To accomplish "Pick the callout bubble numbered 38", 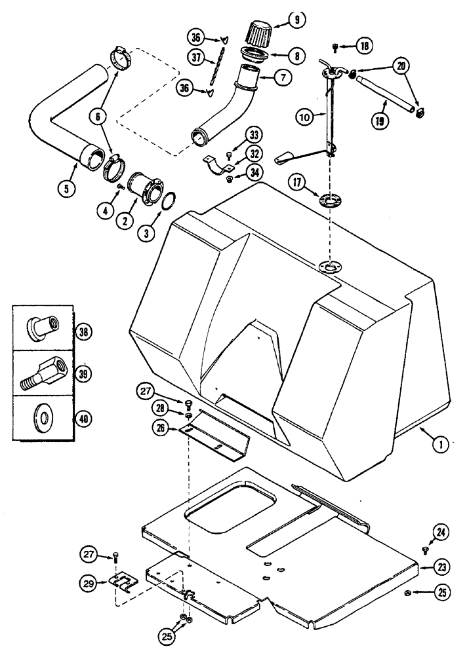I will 82,331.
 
